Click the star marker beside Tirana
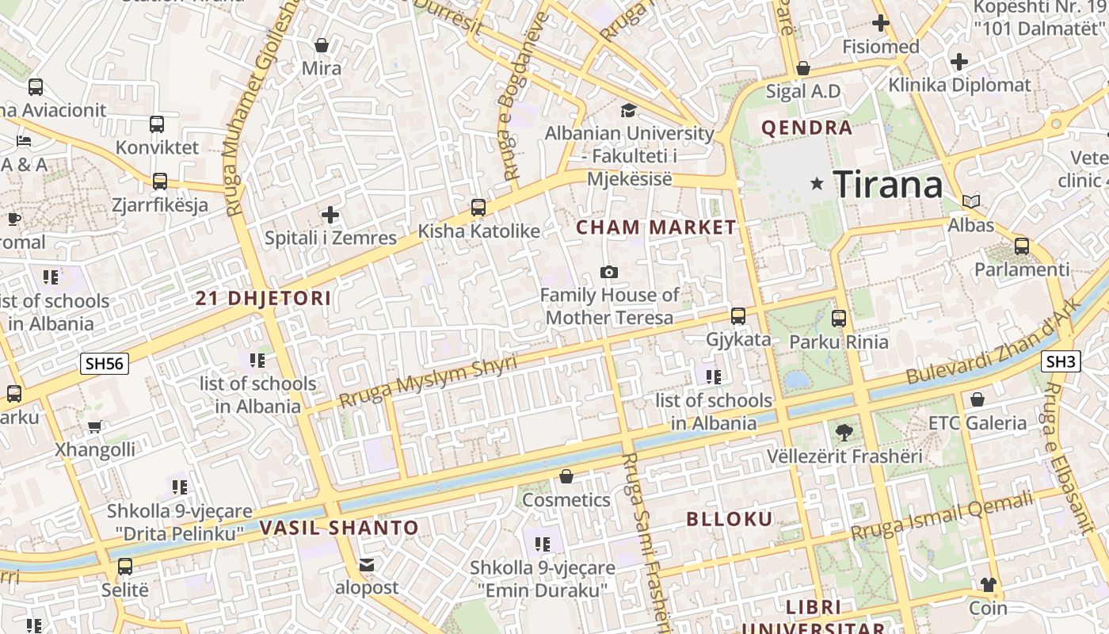(817, 184)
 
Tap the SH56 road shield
(105, 364)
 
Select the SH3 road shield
(1061, 362)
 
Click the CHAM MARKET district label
(656, 227)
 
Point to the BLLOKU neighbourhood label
(729, 519)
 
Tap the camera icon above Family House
(608, 273)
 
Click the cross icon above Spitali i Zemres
(330, 215)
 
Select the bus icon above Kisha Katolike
(478, 208)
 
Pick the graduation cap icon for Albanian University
(628, 110)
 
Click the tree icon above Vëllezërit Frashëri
(844, 432)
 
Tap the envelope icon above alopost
(366, 565)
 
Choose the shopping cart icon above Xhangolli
(95, 427)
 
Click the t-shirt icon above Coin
(988, 585)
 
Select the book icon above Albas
(971, 202)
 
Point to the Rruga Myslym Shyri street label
(428, 381)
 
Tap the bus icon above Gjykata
(738, 316)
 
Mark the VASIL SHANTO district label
(339, 528)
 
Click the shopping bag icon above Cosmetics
(566, 476)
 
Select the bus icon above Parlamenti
(1022, 246)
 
